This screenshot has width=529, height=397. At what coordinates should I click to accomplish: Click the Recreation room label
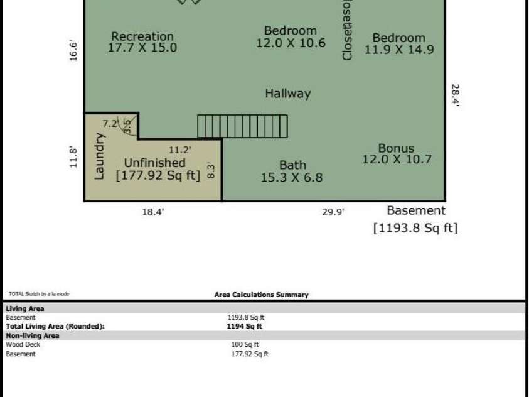tap(142, 36)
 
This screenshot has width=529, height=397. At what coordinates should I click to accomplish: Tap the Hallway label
tap(287, 94)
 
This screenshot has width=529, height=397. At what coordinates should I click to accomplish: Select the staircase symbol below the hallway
tap(242, 126)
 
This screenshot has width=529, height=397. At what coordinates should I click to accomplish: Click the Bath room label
tap(292, 165)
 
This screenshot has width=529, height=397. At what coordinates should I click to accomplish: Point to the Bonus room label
tap(396, 149)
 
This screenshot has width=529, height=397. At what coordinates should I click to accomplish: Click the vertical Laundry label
tap(99, 156)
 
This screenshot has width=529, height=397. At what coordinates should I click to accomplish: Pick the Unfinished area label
tap(154, 163)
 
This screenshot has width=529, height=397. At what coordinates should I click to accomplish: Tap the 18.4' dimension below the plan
tap(152, 212)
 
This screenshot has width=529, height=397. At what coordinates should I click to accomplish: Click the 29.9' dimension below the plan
tap(333, 212)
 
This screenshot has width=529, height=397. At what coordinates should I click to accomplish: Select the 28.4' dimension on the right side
tap(455, 96)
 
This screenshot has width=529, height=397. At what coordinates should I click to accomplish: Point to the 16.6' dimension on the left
tap(74, 51)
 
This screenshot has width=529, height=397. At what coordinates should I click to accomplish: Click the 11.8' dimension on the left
tap(74, 157)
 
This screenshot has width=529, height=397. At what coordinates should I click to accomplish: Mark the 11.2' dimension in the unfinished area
tap(180, 150)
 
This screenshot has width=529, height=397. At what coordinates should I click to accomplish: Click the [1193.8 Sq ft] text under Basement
tap(415, 228)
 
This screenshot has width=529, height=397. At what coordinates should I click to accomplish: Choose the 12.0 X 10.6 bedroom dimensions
tap(291, 43)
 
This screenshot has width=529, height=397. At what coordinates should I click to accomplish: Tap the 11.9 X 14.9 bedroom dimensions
tap(398, 50)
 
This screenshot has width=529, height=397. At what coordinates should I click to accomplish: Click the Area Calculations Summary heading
tap(261, 295)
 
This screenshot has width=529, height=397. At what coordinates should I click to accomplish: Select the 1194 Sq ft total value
tap(244, 326)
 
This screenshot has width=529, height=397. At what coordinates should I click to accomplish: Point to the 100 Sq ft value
tap(245, 344)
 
